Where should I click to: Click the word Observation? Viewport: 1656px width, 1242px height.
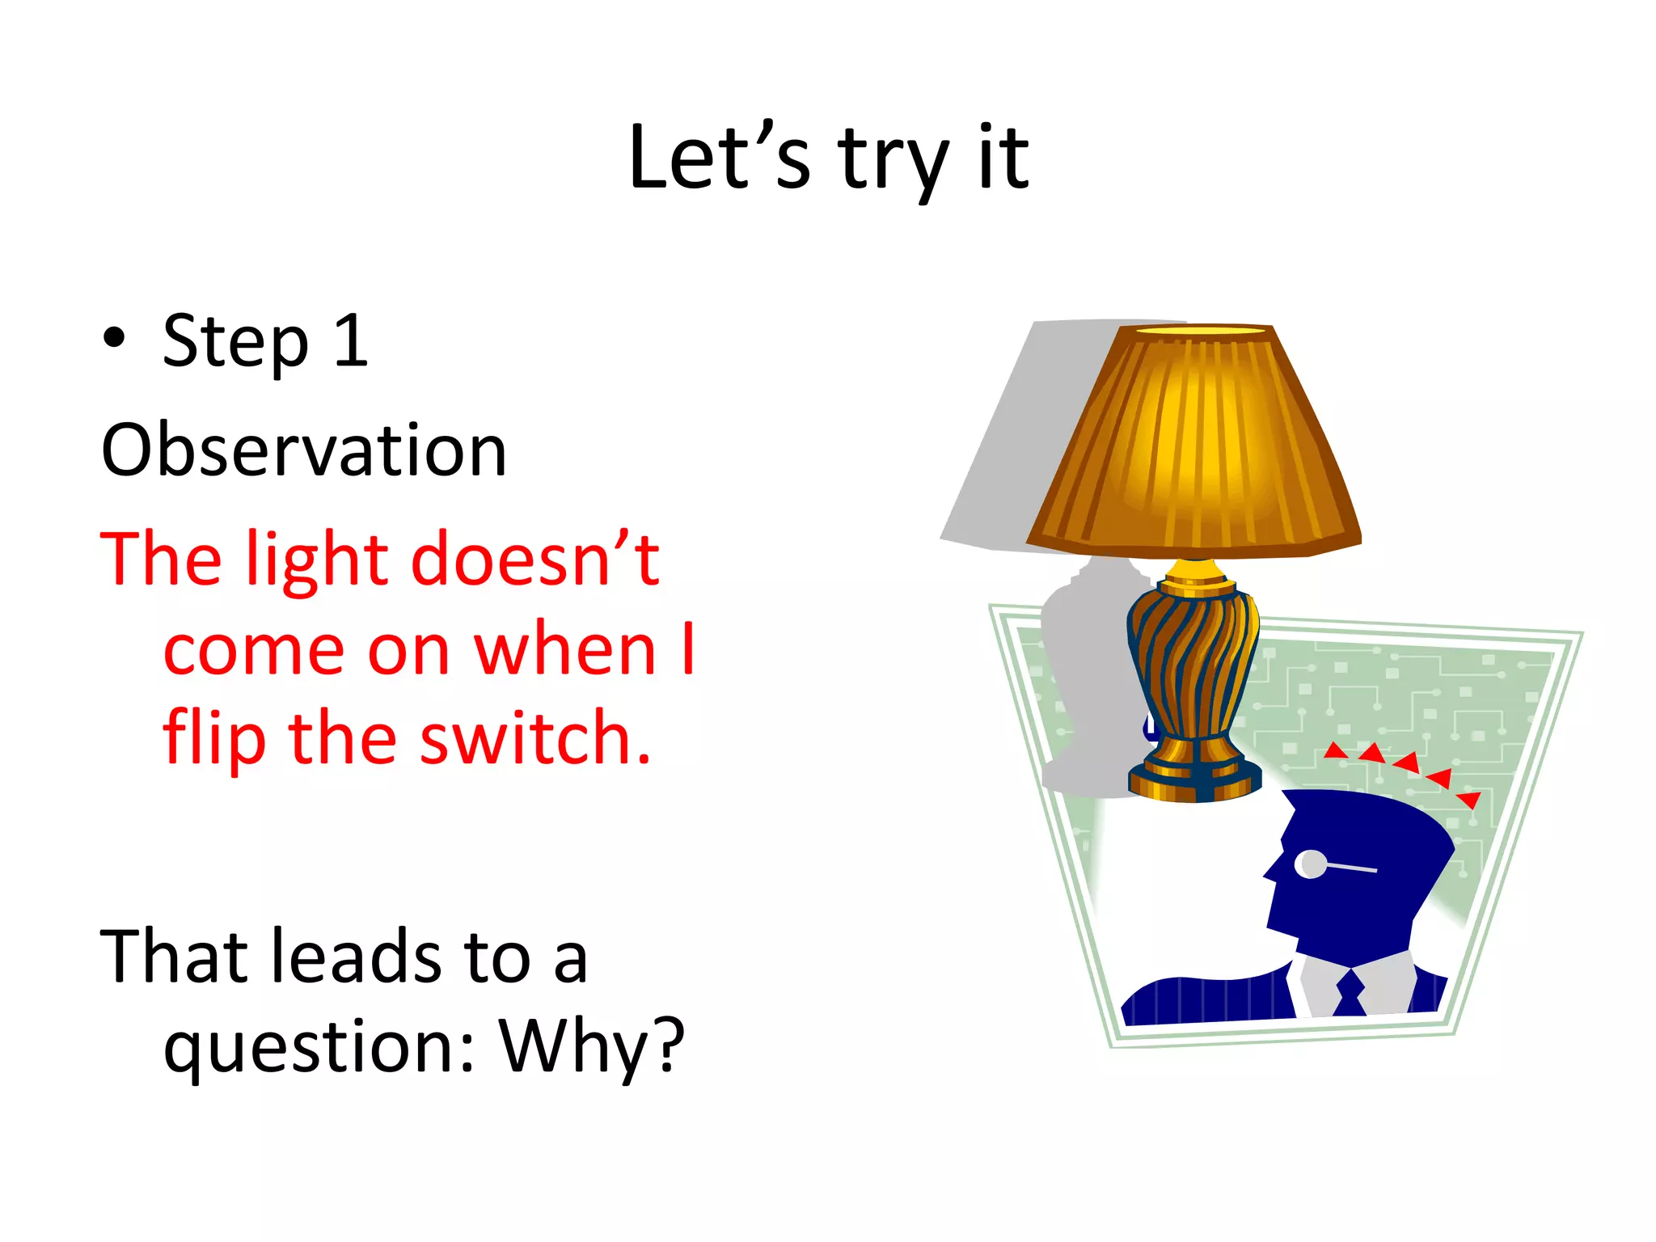pyautogui.click(x=303, y=450)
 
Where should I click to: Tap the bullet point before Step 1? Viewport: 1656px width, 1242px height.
pyautogui.click(x=115, y=339)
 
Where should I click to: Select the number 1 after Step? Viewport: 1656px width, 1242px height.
pyautogui.click(x=351, y=341)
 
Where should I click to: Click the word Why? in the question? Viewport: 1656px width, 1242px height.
pyautogui.click(x=592, y=1047)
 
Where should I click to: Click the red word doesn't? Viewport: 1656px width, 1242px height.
pyautogui.click(x=535, y=558)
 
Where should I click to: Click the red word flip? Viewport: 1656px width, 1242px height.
pyautogui.click(x=213, y=737)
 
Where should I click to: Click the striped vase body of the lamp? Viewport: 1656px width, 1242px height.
pyautogui.click(x=1193, y=663)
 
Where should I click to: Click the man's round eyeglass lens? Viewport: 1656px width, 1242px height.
pyautogui.click(x=1310, y=864)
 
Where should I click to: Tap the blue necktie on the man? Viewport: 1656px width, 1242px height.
pyautogui.click(x=1350, y=993)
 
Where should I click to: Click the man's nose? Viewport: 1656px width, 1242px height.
pyautogui.click(x=1270, y=869)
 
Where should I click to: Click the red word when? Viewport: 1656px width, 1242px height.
pyautogui.click(x=564, y=649)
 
